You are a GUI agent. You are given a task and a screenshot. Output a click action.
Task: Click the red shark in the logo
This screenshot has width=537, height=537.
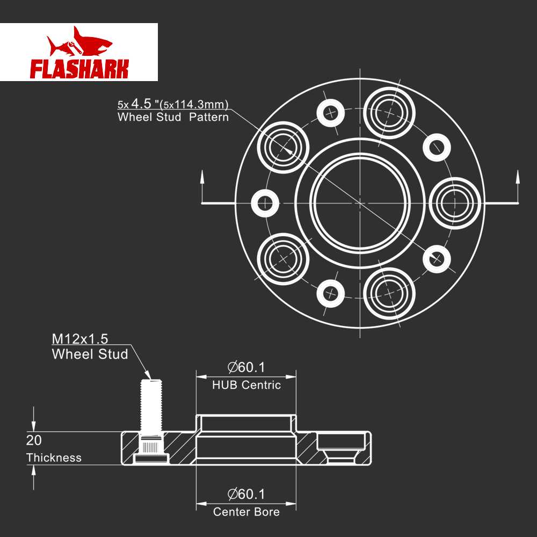pyautogui.click(x=79, y=42)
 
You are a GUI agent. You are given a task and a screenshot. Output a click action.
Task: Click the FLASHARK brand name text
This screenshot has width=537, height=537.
pyautogui.click(x=79, y=69)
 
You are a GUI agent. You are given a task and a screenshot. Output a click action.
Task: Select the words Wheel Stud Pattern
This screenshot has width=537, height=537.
pyautogui.click(x=173, y=117)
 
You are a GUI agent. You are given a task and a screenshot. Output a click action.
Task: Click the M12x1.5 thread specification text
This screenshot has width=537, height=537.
pyautogui.click(x=80, y=339)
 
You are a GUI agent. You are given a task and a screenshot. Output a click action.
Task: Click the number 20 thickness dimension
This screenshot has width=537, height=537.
pyautogui.click(x=34, y=440)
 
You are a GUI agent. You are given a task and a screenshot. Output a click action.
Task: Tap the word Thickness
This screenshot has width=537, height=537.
pyautogui.click(x=54, y=458)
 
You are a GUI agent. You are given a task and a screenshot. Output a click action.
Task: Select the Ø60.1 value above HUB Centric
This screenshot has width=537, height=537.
pyautogui.click(x=246, y=367)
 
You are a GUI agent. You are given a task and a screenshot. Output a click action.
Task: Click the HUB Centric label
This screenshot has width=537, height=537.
pyautogui.click(x=246, y=385)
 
